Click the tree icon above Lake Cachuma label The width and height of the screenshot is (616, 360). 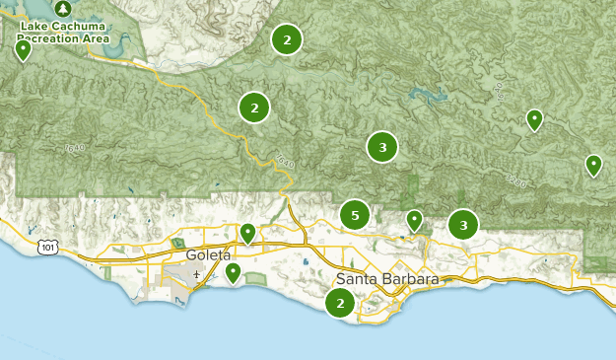64,7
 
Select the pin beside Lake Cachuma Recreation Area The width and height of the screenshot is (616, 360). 24,49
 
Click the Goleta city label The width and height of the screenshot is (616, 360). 208,254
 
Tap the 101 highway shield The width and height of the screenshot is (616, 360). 48,246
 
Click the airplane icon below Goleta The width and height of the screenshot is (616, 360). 197,273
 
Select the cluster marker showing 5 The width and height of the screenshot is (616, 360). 355,215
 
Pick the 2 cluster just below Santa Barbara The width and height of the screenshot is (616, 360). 341,303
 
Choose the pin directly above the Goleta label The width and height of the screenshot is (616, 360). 248,233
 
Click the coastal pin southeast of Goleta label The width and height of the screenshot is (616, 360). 234,271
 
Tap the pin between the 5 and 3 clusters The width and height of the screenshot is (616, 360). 415,220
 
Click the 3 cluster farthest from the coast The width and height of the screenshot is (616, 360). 382,147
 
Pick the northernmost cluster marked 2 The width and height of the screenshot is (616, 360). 287,39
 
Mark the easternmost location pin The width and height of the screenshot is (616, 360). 593,165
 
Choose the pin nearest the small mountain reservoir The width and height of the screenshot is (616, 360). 534,119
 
